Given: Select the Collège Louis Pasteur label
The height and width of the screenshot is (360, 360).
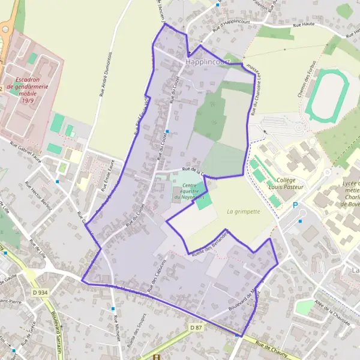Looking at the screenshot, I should pos(290,183).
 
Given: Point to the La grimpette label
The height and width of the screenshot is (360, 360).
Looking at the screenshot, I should pos(244,211).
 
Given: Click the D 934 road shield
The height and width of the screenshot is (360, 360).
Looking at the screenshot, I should pos(40,292).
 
